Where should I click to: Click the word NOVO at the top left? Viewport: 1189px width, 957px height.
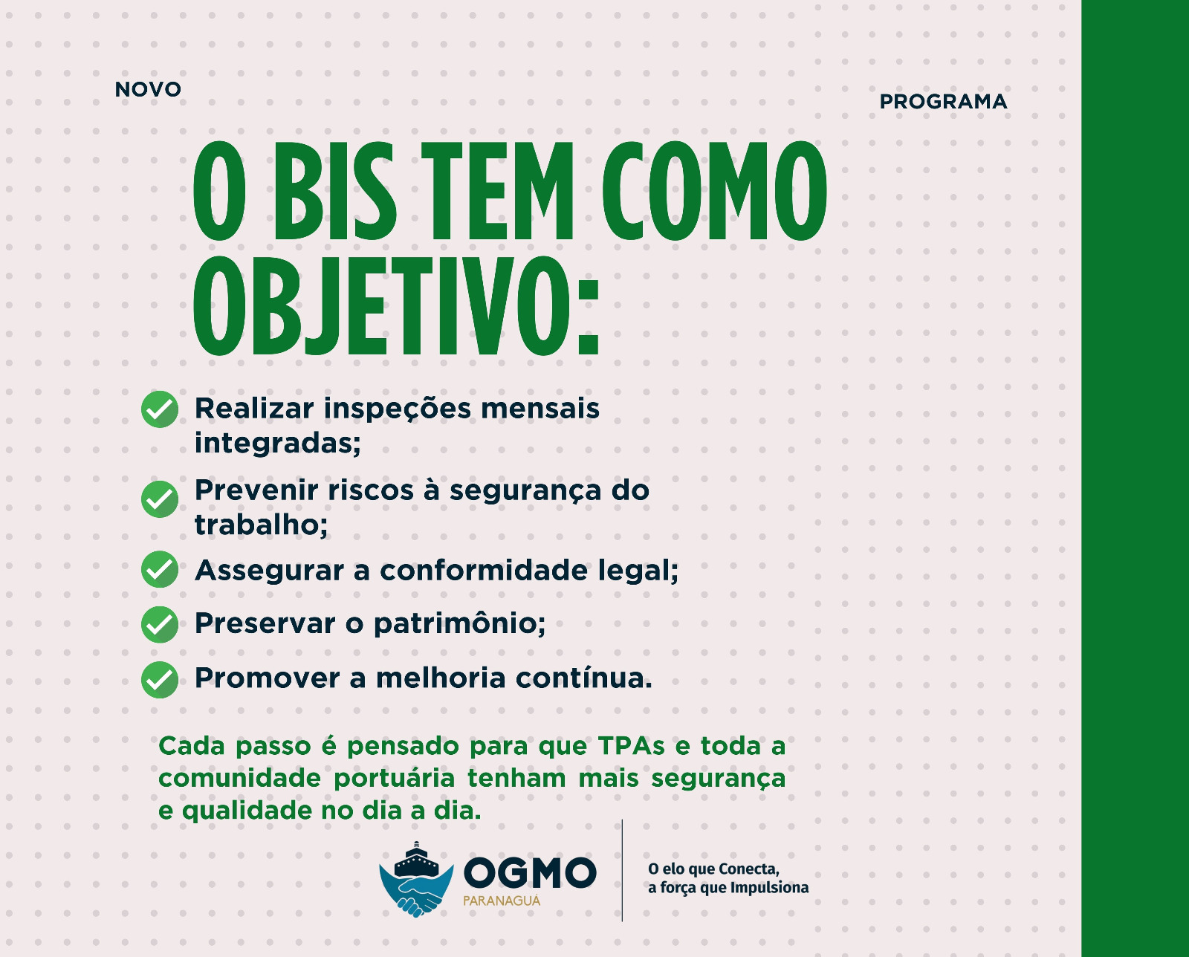pos(148,89)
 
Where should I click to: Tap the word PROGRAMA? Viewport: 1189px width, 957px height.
pos(943,102)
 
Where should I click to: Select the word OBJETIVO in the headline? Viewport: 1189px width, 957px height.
pos(380,305)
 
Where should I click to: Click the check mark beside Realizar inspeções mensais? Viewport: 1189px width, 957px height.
pos(160,409)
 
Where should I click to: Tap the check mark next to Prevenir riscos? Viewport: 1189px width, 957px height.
pos(160,499)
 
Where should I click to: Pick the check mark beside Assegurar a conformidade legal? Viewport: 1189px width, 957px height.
pos(160,569)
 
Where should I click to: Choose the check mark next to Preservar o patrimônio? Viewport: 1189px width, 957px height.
pos(160,624)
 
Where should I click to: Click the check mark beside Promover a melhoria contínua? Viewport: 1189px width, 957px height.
pos(160,680)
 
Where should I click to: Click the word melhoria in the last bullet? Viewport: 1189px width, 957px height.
pos(441,678)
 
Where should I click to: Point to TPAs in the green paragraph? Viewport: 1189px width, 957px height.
pos(631,747)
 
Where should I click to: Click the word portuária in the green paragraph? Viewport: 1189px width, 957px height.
pos(395,779)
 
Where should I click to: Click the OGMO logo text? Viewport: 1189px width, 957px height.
pos(530,873)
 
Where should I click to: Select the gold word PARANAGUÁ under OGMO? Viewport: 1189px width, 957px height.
pos(502,901)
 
